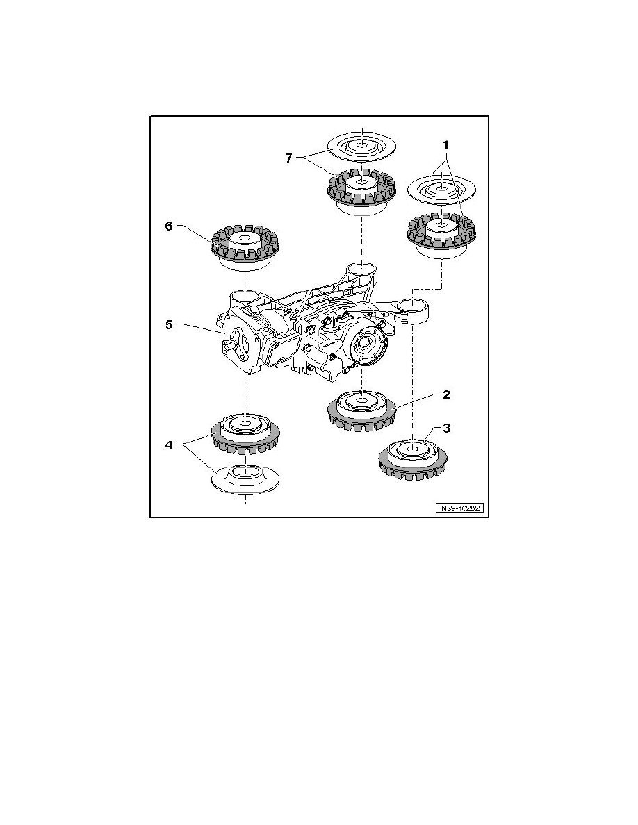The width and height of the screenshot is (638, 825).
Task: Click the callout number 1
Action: click(x=446, y=144)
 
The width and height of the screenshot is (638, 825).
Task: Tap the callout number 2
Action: click(x=446, y=394)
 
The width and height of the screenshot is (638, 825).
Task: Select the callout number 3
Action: click(x=446, y=428)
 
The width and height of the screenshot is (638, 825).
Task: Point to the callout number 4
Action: click(x=169, y=445)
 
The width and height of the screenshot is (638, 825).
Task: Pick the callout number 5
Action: click(x=169, y=324)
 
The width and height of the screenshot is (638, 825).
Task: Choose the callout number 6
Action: click(x=169, y=226)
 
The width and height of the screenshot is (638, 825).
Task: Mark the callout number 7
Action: click(x=288, y=158)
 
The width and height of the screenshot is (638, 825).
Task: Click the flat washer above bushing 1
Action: click(x=441, y=187)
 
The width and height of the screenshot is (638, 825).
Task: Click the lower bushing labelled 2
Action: click(x=361, y=411)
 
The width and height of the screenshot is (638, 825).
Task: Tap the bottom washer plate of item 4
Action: click(x=245, y=479)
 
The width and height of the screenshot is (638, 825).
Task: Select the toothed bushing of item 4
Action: click(x=245, y=433)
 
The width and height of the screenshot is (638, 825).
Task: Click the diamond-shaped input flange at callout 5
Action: click(x=238, y=347)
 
